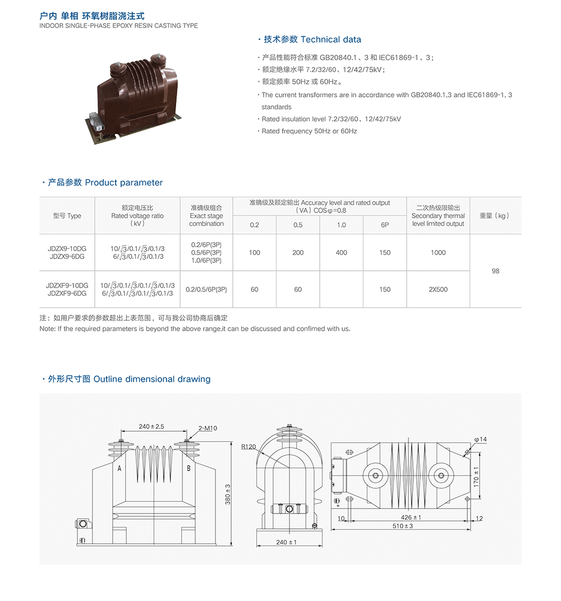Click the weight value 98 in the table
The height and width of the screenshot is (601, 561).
(x=495, y=271)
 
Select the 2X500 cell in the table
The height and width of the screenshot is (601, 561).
(x=438, y=290)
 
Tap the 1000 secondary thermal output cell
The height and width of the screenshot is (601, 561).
(x=438, y=253)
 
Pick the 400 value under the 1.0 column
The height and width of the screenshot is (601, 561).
(x=341, y=253)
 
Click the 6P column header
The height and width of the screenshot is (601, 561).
(x=385, y=225)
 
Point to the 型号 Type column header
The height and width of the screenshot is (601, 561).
(x=67, y=216)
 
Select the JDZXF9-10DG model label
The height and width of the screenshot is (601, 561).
(x=67, y=285)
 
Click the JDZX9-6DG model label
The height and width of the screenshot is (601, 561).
(x=67, y=256)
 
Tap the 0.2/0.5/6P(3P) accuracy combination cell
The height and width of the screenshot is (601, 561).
(x=206, y=290)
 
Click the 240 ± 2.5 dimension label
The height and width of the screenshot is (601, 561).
(x=151, y=427)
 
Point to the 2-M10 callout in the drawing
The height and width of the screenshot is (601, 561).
(x=208, y=428)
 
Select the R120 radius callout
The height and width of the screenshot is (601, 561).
(x=249, y=447)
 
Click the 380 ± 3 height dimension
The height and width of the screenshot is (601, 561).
(x=228, y=494)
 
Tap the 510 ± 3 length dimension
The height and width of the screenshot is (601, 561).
(x=403, y=526)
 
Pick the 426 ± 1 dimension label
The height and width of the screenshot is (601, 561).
(x=411, y=517)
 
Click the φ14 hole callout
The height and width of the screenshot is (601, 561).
(x=480, y=439)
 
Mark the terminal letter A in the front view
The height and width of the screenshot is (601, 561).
(x=119, y=468)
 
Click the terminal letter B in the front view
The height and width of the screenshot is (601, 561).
(x=188, y=468)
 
